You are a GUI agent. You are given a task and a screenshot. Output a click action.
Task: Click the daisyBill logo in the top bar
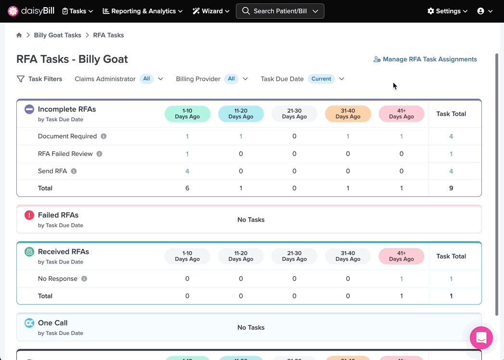tap(31, 11)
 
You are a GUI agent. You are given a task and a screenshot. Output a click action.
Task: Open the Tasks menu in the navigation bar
tap(77, 11)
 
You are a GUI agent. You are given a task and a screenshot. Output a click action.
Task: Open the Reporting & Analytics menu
tap(143, 11)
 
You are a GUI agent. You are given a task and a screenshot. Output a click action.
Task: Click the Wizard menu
tap(211, 11)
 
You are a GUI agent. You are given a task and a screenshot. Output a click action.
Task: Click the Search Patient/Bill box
tap(280, 11)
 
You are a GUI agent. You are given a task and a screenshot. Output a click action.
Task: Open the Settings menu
tap(447, 11)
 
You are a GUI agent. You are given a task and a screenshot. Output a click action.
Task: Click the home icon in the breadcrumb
tap(19, 35)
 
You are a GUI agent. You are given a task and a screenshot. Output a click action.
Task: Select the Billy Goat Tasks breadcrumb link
tap(58, 35)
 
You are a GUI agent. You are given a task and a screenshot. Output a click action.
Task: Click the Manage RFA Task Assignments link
tap(425, 59)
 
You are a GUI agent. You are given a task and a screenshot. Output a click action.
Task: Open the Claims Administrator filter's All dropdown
tap(151, 79)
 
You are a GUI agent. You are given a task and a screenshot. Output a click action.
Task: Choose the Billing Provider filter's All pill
tap(231, 79)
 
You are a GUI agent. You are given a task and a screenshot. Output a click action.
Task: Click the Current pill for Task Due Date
tap(321, 79)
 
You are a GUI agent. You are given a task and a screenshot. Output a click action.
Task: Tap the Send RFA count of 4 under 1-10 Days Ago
tap(187, 171)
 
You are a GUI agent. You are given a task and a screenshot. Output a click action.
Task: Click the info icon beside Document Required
tap(103, 136)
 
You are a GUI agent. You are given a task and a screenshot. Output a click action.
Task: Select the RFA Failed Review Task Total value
tap(451, 154)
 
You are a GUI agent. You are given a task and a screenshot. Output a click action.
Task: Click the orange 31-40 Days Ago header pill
tap(348, 114)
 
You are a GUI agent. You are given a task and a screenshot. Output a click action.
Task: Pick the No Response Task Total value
tap(451, 279)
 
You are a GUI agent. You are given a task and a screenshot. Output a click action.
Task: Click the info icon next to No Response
tap(84, 279)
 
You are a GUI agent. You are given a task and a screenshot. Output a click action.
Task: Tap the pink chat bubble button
tap(481, 338)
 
